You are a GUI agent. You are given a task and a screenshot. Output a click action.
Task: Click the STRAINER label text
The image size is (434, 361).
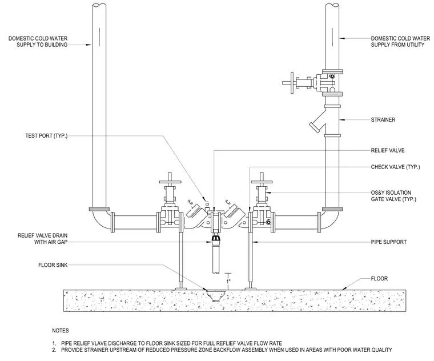click(383, 120)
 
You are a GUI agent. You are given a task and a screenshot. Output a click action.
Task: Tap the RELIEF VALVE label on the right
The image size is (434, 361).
click(388, 150)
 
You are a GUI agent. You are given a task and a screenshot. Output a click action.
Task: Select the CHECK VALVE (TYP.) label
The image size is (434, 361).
click(395, 167)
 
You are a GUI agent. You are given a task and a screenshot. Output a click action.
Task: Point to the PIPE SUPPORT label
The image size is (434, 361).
click(389, 242)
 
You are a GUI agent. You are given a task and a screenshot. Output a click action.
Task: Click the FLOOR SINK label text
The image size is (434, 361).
click(53, 265)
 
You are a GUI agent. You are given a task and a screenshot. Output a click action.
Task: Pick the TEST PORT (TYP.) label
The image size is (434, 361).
click(46, 135)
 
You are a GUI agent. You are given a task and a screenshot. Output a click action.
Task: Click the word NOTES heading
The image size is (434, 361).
click(61, 331)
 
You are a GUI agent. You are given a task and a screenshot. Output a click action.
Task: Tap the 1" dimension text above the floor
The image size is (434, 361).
click(228, 281)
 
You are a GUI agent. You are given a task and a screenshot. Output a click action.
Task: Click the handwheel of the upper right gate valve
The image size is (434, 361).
click(292, 83)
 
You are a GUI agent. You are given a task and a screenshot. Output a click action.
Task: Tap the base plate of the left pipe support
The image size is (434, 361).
click(182, 289)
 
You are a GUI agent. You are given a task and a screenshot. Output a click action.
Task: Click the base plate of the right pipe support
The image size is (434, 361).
click(250, 289)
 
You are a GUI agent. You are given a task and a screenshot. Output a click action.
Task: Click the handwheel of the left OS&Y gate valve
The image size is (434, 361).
click(170, 182)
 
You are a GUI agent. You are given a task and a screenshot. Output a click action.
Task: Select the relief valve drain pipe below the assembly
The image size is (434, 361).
click(216, 258)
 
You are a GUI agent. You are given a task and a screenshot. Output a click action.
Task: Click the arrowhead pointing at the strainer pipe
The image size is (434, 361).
click(342, 120)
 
